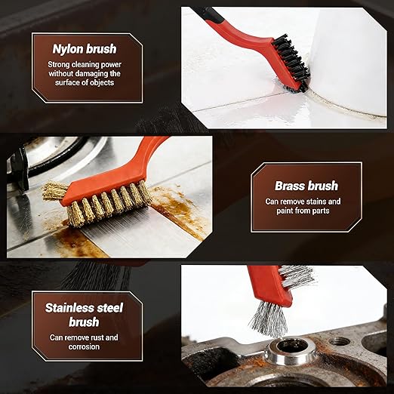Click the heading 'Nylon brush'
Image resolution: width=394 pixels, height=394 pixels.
tap(84, 49)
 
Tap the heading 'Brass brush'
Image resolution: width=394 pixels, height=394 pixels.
tap(306, 186)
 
